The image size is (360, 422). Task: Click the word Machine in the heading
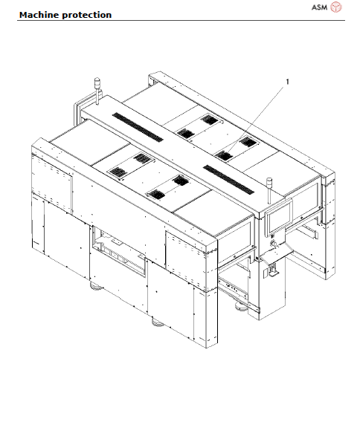pos(38,15)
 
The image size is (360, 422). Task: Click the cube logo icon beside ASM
pos(337,7)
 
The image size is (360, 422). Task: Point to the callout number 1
pos(288,82)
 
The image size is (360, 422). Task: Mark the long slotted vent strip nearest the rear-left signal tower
pos(138,128)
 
